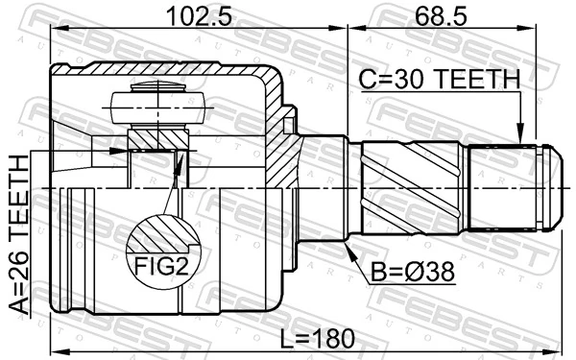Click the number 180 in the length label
coord(332,338)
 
